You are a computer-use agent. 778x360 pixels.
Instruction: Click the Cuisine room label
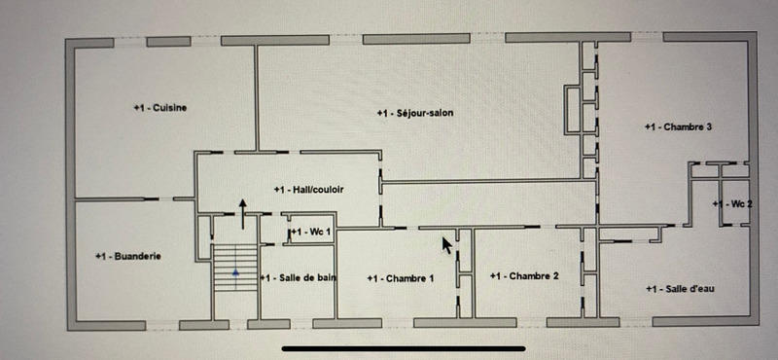(160, 107)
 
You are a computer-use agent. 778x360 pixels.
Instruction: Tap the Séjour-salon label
(415, 114)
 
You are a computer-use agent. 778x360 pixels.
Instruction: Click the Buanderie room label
(127, 256)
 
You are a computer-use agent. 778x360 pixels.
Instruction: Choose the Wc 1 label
(311, 233)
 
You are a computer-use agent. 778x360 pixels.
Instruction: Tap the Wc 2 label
(733, 203)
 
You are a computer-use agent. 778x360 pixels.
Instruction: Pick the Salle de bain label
(299, 278)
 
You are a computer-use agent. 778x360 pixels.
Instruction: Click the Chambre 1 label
(401, 278)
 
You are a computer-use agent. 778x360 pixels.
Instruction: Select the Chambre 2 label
(525, 276)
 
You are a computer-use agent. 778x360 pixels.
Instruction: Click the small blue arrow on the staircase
(234, 274)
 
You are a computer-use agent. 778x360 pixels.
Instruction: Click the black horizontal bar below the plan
(404, 346)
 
